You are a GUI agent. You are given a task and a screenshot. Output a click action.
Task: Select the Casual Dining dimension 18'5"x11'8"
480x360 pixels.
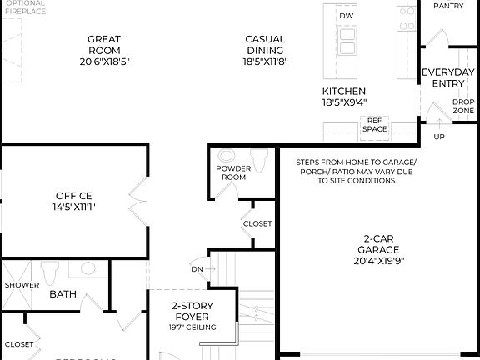pyautogui.click(x=265, y=62)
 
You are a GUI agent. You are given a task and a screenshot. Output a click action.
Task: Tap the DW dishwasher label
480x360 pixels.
pyautogui.click(x=345, y=16)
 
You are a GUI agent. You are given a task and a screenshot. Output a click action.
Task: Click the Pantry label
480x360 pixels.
pyautogui.click(x=448, y=6)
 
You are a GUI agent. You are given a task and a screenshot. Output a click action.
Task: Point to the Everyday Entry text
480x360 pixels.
pyautogui.click(x=447, y=77)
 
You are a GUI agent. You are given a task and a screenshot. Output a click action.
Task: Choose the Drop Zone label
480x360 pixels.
pyautogui.click(x=463, y=107)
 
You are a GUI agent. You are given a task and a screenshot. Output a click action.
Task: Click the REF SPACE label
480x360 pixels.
pyautogui.click(x=374, y=125)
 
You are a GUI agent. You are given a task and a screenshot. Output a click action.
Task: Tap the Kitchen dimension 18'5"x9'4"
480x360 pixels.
pyautogui.click(x=344, y=102)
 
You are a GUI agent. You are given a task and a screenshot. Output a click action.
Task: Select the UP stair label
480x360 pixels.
pyautogui.click(x=439, y=137)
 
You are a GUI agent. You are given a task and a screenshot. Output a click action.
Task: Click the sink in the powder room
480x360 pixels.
pyautogui.click(x=226, y=156)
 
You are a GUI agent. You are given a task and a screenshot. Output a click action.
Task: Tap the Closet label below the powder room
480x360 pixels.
pyautogui.click(x=257, y=223)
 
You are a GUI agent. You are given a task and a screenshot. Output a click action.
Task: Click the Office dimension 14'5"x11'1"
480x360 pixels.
pyautogui.click(x=73, y=207)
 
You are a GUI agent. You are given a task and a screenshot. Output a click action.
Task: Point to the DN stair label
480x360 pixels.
pyautogui.click(x=197, y=269)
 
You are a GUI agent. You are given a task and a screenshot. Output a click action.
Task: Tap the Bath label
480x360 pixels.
pyautogui.click(x=62, y=294)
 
